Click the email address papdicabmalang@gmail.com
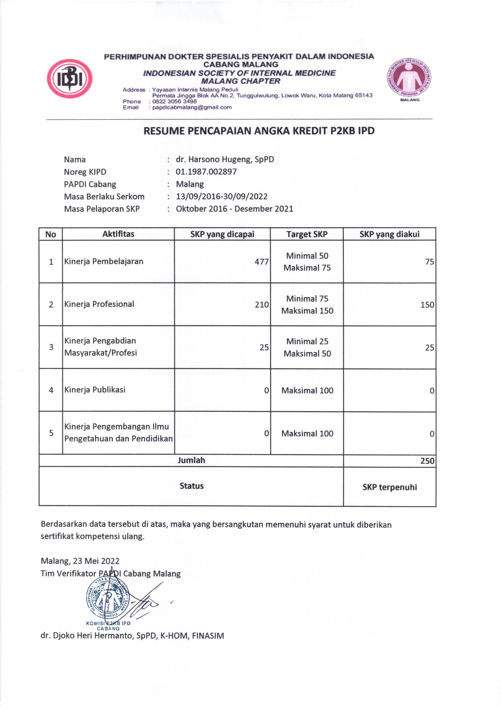(x=192, y=107)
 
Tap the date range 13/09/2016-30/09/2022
(x=222, y=196)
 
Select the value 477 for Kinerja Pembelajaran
(x=261, y=262)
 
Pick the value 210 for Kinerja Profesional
(x=261, y=305)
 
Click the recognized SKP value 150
(x=427, y=305)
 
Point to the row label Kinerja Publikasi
(x=95, y=390)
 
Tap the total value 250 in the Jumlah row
(x=427, y=461)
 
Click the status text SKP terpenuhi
(x=389, y=487)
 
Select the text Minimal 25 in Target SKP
(x=307, y=341)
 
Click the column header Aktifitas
(x=118, y=234)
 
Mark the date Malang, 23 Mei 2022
(x=80, y=561)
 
